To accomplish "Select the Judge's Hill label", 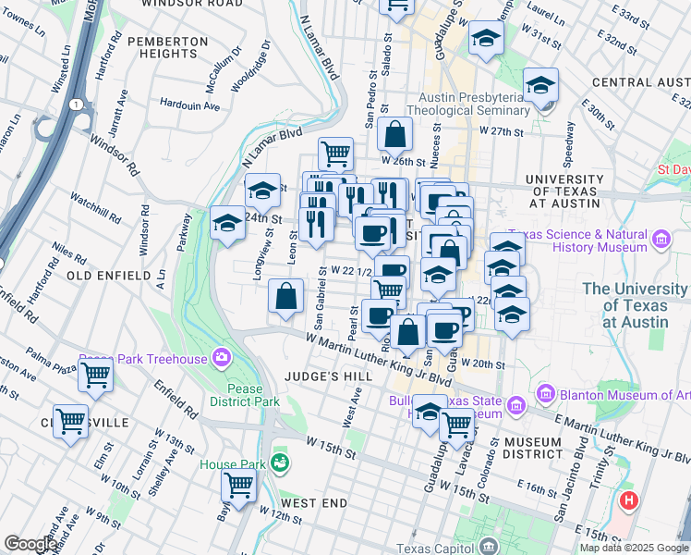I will click(x=328, y=376).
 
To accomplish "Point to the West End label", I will click(x=314, y=503).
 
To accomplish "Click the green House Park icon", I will click(x=280, y=462).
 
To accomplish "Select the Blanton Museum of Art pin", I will click(x=545, y=395).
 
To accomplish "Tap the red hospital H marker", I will click(x=629, y=501).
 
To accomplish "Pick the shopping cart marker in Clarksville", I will click(x=70, y=422).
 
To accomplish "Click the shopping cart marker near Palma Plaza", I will click(x=96, y=376).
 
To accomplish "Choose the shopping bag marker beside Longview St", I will click(x=286, y=297).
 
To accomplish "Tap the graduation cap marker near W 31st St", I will click(x=485, y=39).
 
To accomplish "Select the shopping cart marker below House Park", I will click(x=239, y=483).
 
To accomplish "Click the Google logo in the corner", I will click(x=30, y=544).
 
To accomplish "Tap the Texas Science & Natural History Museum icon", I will click(x=660, y=241).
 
